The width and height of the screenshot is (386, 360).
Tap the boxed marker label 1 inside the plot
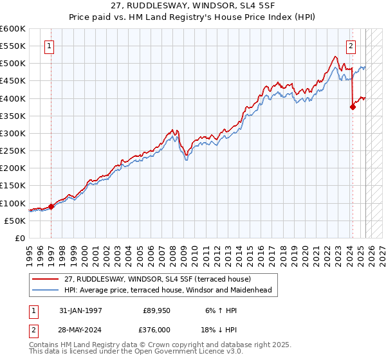click(50, 46)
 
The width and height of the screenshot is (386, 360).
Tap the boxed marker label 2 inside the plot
click(351, 46)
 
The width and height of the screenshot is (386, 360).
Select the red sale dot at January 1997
click(51, 206)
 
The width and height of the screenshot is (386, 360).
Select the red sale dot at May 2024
click(353, 107)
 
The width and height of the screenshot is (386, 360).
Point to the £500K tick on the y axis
click(14, 64)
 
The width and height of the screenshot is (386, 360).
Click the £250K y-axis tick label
click(14, 151)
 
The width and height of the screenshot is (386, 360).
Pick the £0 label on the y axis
click(21, 238)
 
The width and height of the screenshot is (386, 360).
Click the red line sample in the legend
click(45, 279)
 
